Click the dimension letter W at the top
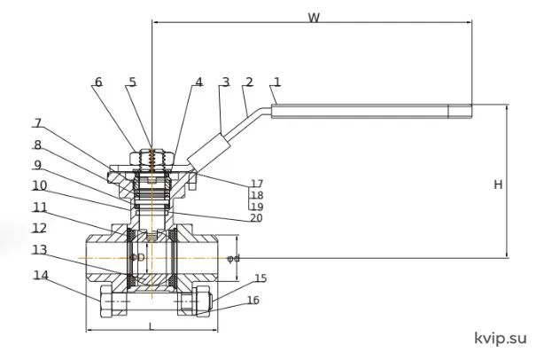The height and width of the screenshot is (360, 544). pos(314,18)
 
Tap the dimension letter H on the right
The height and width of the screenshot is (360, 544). pos(498,184)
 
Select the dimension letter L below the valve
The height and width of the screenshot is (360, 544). pos(151,326)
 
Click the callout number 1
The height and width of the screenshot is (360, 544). pos(276,82)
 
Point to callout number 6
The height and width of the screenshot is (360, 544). pos(98,82)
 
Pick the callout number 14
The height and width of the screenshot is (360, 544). pos(41,275)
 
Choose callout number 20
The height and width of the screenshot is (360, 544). pos(256,217)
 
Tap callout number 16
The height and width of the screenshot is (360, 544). pos(253,300)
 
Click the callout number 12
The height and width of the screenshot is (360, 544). pos(40,228)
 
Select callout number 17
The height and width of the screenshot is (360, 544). pos(257,183)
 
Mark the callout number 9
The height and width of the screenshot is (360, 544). pos(37,165)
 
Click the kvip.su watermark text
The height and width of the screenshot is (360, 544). pos(501,338)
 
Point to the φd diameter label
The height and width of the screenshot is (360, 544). pos(233,258)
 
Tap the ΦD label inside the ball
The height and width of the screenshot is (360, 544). pos(137,257)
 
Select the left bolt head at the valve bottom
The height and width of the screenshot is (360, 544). pos(113,301)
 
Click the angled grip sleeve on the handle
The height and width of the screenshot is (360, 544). pos(209,153)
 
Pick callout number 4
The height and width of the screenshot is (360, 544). pos(198,82)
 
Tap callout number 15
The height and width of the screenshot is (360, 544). pos(260,278)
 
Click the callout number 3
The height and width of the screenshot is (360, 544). pos(226,82)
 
